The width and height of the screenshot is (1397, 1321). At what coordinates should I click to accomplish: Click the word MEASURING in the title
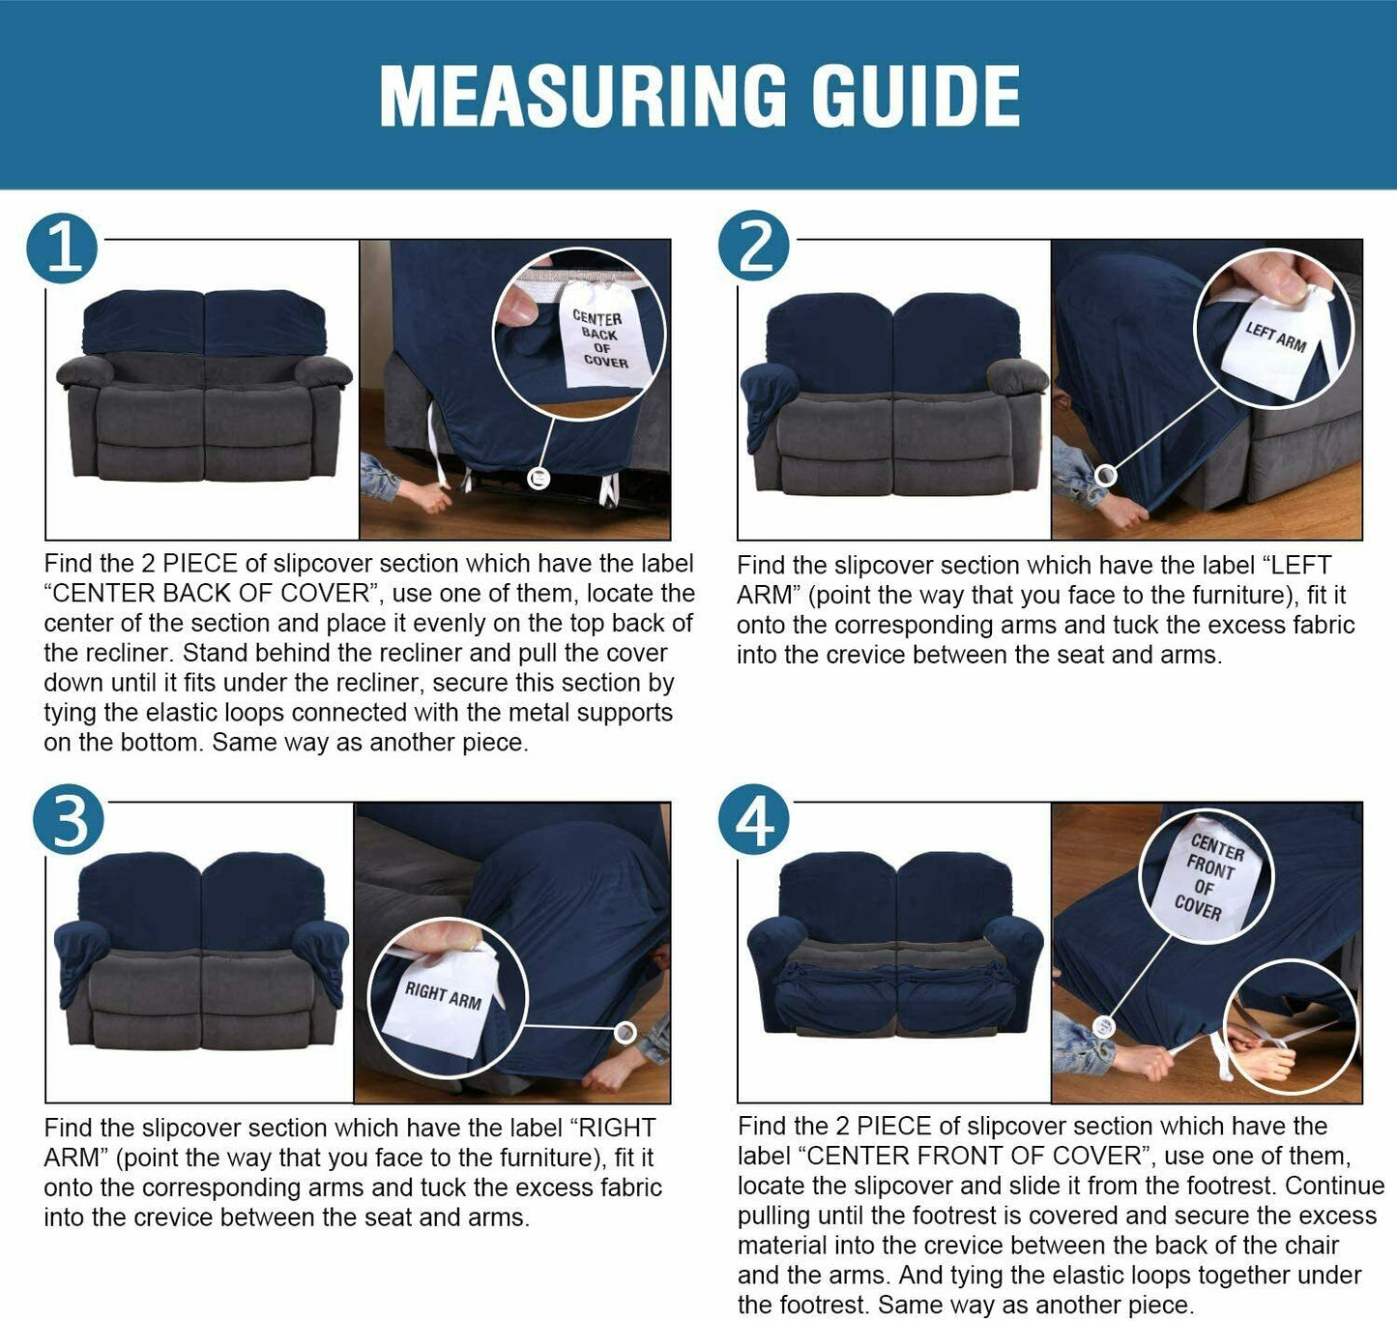[583, 96]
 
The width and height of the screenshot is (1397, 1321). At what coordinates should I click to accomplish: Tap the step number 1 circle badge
[62, 249]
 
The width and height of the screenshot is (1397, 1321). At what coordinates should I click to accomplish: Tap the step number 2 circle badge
[753, 246]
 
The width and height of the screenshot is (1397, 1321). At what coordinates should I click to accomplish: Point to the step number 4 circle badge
[753, 818]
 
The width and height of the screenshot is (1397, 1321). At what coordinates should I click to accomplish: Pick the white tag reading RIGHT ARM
[442, 1001]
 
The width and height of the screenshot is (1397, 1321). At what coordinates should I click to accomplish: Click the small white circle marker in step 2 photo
[1104, 475]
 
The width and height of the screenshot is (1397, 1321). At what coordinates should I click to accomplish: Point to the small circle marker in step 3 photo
[625, 1033]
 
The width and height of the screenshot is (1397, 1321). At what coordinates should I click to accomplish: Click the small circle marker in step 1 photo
[539, 479]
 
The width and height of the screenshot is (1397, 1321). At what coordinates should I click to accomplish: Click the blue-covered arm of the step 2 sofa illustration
[770, 401]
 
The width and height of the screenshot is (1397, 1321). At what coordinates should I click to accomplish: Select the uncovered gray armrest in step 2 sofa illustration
[1018, 377]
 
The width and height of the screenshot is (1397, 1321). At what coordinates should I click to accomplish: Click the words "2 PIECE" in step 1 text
[189, 564]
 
